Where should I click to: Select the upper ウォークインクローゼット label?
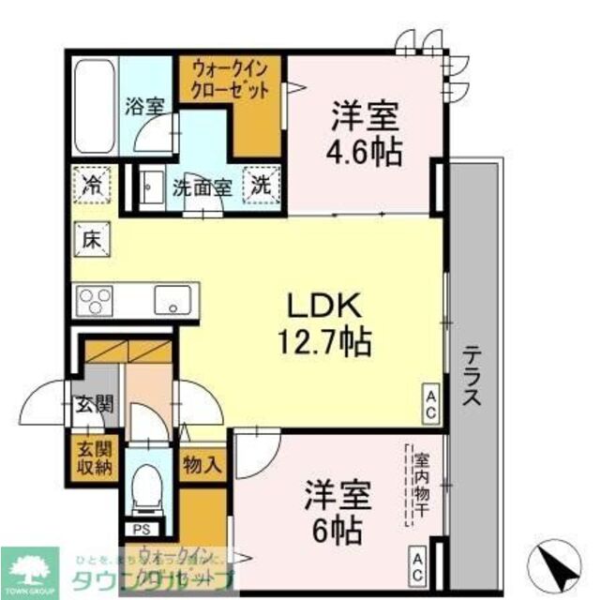click(x=231, y=79)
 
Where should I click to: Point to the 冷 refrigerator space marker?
click(x=92, y=182)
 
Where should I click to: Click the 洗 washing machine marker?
click(x=259, y=184)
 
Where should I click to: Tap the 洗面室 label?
click(x=201, y=186)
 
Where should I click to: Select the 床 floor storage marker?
click(x=91, y=238)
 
